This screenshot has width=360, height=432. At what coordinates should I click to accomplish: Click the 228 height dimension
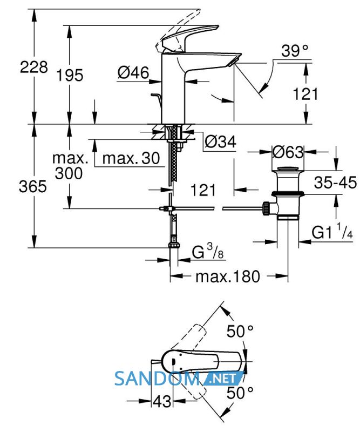click(x=33, y=67)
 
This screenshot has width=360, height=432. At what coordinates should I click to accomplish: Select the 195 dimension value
click(x=70, y=75)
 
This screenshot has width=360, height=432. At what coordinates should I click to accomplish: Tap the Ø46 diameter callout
click(x=133, y=73)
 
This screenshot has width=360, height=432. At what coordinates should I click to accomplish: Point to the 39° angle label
click(x=295, y=51)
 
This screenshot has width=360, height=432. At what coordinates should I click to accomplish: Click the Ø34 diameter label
click(x=220, y=142)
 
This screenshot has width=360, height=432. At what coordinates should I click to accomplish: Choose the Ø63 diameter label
click(x=288, y=152)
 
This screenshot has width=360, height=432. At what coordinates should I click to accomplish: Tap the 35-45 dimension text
click(x=335, y=183)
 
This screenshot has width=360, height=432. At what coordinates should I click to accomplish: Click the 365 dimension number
click(x=33, y=186)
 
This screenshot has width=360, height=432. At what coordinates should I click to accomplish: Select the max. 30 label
click(x=131, y=158)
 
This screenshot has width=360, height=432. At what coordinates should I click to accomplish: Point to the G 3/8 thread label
click(x=208, y=252)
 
